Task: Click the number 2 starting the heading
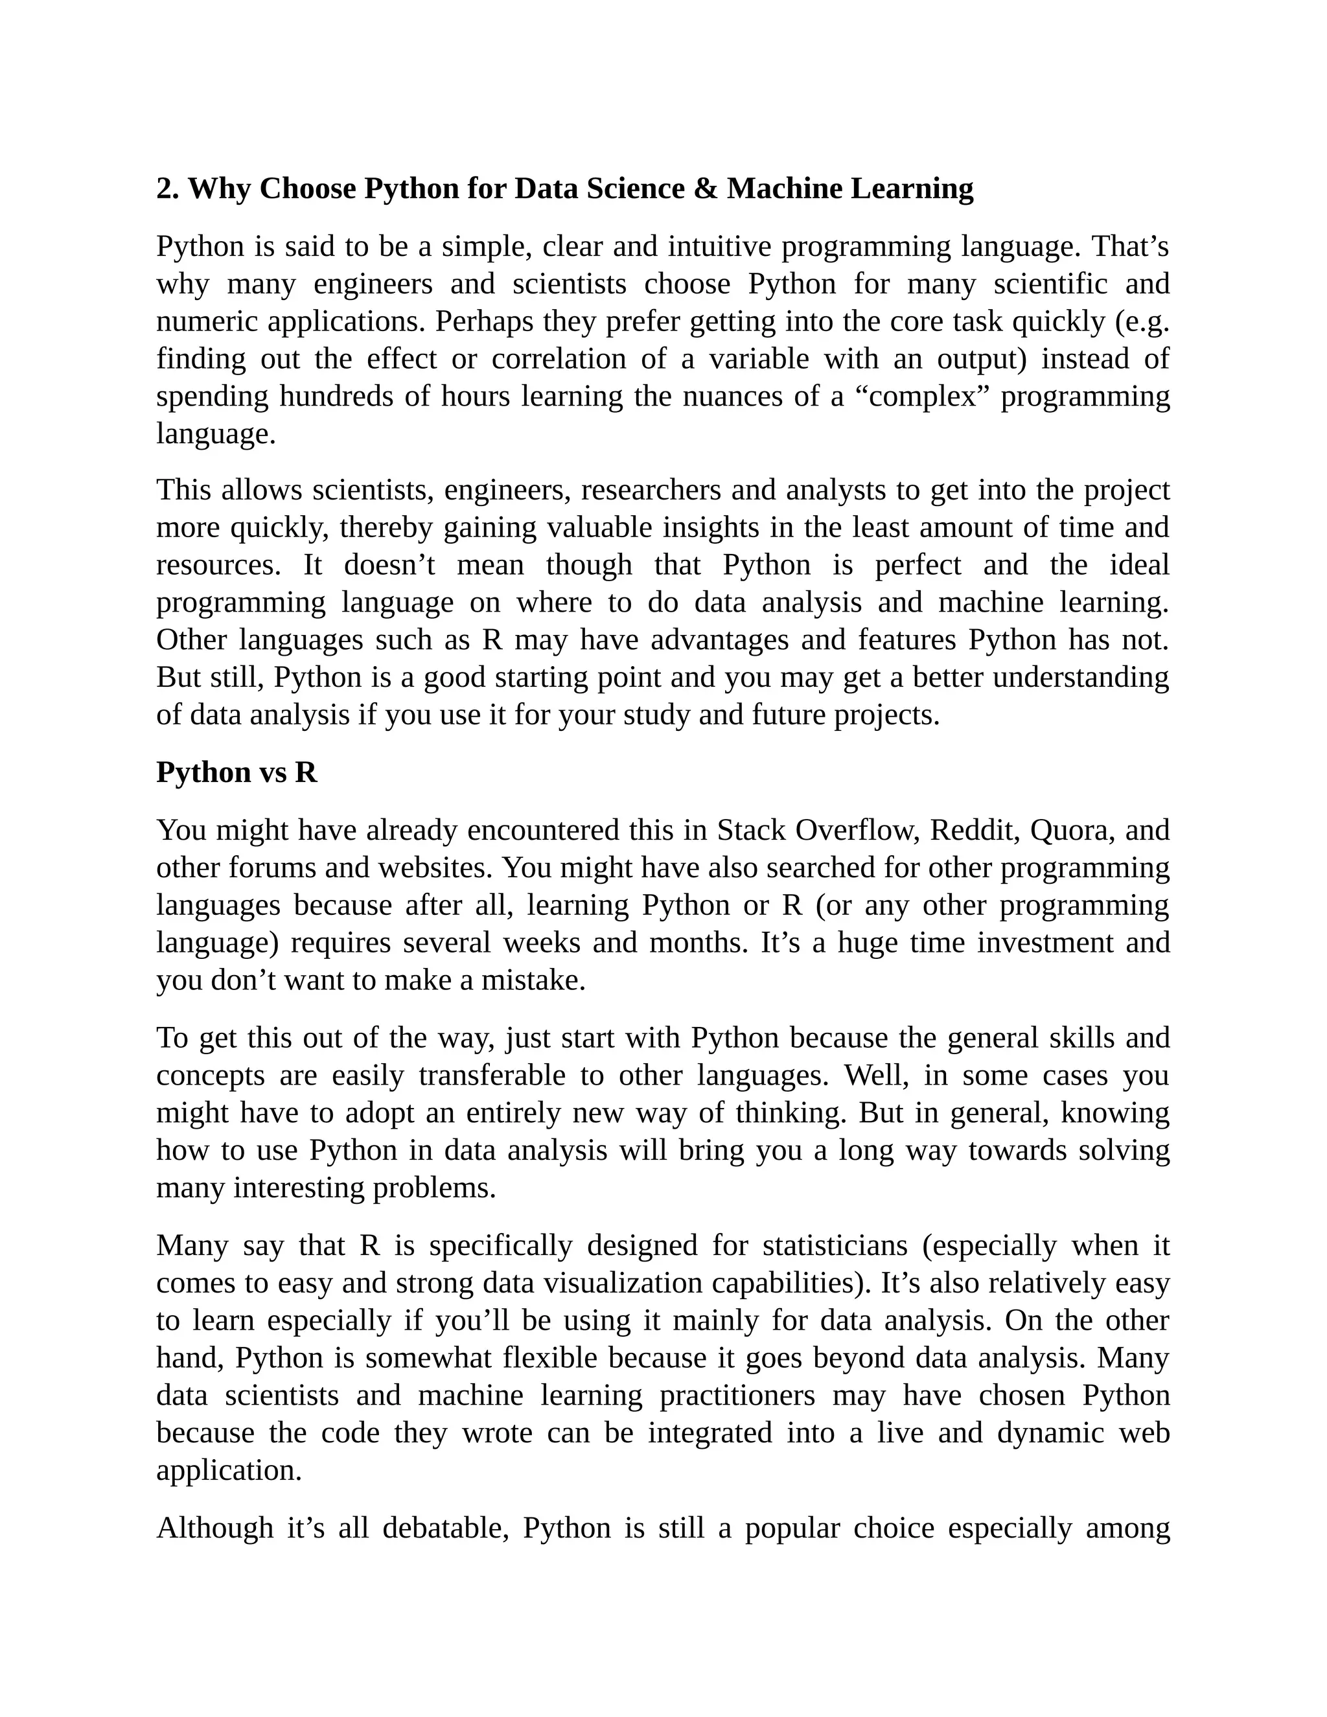163,189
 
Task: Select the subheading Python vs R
237,772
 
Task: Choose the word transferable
492,1075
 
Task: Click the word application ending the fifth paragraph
228,1470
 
